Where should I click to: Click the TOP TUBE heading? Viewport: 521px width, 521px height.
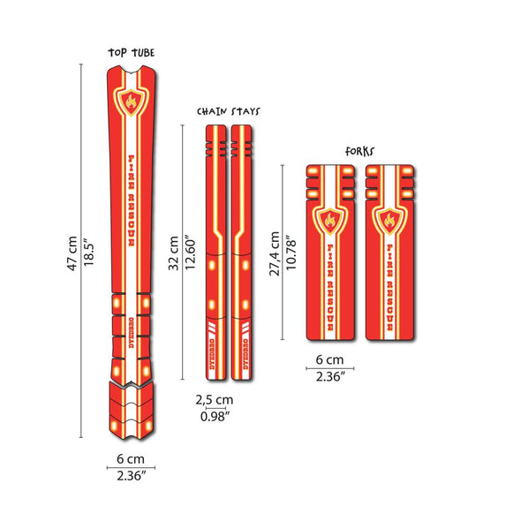131,52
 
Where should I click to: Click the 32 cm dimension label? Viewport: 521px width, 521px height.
174,253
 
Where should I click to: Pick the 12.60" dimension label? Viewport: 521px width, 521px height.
189,253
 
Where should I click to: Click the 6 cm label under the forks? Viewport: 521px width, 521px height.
329,361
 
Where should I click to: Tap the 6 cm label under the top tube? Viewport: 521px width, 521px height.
131,460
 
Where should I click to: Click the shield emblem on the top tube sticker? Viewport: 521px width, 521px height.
132,102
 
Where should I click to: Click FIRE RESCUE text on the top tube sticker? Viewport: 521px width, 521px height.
132,199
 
